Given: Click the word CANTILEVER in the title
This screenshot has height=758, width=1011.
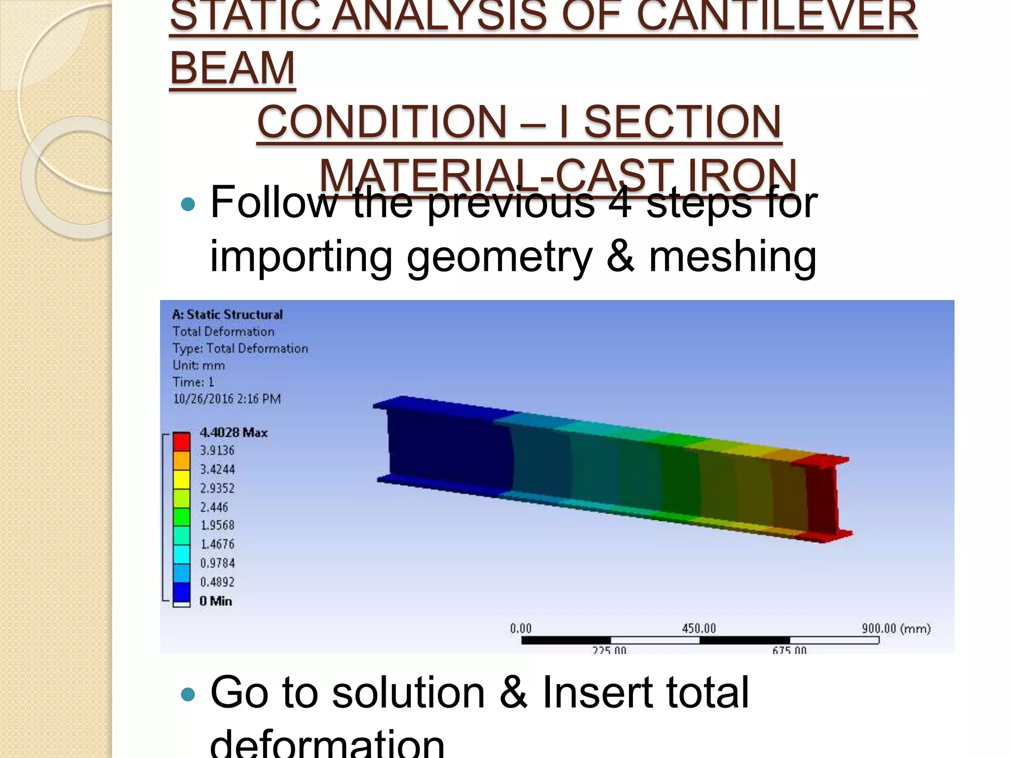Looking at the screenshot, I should click(x=777, y=16).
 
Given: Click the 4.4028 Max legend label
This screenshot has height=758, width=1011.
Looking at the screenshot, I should click(x=233, y=433).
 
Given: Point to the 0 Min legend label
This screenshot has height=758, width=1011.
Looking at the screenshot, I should click(x=216, y=601).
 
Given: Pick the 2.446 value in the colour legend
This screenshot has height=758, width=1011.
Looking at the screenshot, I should click(x=214, y=507).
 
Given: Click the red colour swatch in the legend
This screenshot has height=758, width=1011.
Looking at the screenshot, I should click(x=182, y=441).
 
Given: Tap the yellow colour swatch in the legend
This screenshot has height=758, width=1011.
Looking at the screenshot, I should click(x=182, y=479).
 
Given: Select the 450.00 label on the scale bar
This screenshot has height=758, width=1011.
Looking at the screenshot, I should click(x=699, y=628).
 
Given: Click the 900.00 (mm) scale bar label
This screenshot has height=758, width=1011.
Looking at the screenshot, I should click(x=895, y=628).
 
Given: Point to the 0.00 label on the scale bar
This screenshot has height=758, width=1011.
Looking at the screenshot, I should click(x=521, y=628).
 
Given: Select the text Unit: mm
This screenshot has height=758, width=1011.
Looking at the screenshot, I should click(x=199, y=365).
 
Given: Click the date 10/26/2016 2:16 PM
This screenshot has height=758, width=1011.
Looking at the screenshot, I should click(x=227, y=399).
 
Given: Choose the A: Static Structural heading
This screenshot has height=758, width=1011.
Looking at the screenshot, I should click(x=228, y=314).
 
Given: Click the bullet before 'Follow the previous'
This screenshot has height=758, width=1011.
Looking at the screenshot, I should click(x=188, y=204).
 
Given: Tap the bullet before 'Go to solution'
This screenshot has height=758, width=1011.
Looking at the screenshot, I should click(x=188, y=695).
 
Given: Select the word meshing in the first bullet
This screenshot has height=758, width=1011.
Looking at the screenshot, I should click(x=733, y=257).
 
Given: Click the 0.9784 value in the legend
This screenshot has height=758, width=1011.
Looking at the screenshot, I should click(x=218, y=563).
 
